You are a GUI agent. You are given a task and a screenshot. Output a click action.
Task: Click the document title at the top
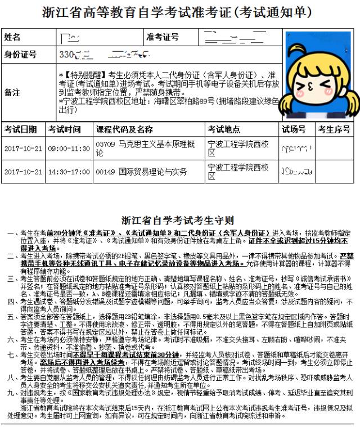[x=180, y=12]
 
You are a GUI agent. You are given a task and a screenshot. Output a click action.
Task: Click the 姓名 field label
[x=12, y=37]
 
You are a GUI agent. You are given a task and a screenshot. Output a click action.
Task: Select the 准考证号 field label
[x=163, y=37]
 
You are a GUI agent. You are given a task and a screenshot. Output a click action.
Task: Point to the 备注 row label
[x=12, y=92]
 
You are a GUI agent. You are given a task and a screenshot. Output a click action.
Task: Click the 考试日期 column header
[x=21, y=129]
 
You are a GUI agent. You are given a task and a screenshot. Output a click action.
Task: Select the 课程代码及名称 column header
[x=124, y=129]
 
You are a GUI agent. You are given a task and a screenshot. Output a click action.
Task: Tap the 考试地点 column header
[x=224, y=129]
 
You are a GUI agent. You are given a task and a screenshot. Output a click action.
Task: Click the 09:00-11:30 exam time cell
[x=69, y=149]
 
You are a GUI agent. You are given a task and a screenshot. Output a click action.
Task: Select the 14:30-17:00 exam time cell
[x=69, y=172]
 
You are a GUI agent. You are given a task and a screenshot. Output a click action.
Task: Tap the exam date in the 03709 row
[x=23, y=149]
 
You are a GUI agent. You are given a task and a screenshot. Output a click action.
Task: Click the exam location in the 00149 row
[x=238, y=172]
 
